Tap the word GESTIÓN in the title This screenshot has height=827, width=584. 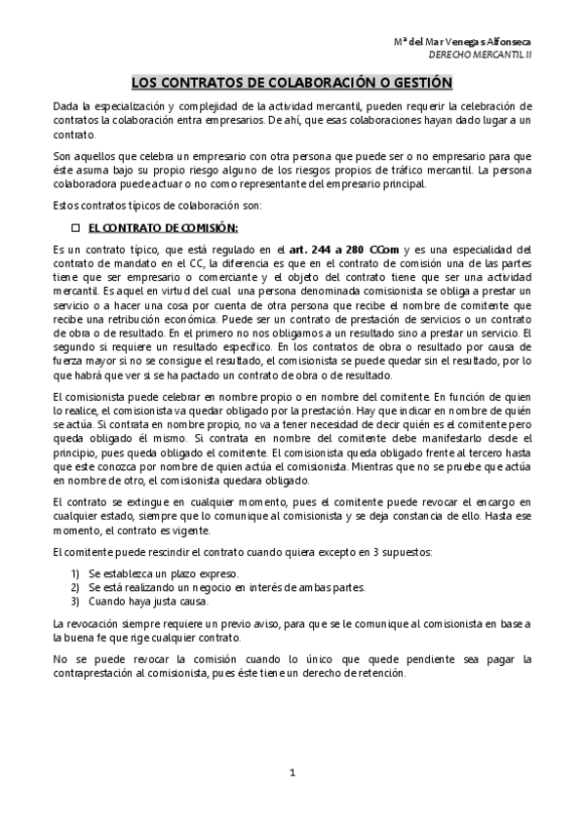[x=419, y=84]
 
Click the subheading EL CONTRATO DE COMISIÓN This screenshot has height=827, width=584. [x=163, y=228]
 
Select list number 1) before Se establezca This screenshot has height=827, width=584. [x=75, y=573]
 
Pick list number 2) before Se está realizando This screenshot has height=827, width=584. [x=75, y=587]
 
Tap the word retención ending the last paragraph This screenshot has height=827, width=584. [x=375, y=673]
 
